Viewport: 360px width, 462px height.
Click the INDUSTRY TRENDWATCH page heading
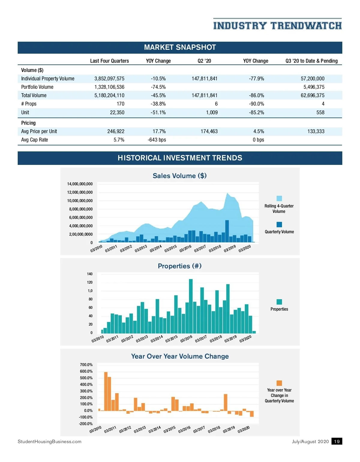(x=277, y=26)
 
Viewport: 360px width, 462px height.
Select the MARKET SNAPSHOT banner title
(x=180, y=47)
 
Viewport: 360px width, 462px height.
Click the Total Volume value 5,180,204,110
(x=109, y=95)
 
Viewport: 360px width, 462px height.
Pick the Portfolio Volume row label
(x=37, y=87)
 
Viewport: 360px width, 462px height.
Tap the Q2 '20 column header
(x=204, y=61)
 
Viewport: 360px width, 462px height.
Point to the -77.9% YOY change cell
(x=256, y=79)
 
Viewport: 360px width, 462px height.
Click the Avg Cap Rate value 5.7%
(x=119, y=140)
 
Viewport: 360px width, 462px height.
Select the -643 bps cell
(x=157, y=140)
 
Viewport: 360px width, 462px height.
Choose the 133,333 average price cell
(x=316, y=131)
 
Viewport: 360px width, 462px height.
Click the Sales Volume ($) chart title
(x=180, y=176)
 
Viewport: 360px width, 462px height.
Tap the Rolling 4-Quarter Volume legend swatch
(x=279, y=198)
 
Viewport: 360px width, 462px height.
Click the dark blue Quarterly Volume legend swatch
(x=279, y=225)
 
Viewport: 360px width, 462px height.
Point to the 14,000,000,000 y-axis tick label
(x=80, y=184)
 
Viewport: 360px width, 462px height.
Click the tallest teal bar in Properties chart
(x=191, y=306)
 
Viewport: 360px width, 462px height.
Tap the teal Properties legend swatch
(x=279, y=302)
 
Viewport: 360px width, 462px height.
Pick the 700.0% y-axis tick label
(x=86, y=365)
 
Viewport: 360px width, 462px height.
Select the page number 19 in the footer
(x=337, y=441)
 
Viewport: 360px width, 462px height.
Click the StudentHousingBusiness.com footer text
(x=49, y=442)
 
